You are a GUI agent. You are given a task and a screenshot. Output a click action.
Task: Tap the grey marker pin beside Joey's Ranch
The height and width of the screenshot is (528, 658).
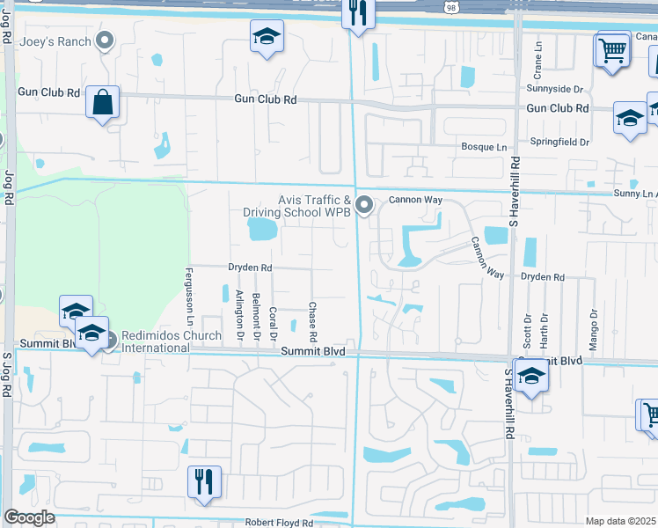106,40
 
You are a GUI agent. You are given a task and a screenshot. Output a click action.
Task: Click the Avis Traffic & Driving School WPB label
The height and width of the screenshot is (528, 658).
302,206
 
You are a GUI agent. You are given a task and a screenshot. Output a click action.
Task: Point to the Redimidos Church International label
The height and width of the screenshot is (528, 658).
155,341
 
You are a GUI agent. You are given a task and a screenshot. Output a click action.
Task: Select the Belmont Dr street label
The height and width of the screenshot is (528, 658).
256,312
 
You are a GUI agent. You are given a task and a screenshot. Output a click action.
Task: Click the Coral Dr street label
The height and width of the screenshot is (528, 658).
274,323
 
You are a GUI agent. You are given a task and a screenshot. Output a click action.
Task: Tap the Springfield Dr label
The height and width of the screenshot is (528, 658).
559,141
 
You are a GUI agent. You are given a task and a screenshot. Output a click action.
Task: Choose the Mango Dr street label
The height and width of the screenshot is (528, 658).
594,325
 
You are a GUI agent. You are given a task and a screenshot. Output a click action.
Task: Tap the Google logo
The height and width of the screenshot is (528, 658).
28,517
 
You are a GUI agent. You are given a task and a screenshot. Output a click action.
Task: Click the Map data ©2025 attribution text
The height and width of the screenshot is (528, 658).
621,522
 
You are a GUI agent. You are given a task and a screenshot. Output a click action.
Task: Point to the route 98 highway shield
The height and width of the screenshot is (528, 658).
451,6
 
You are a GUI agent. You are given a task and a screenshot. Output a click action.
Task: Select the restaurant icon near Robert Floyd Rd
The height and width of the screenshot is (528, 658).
204,481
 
